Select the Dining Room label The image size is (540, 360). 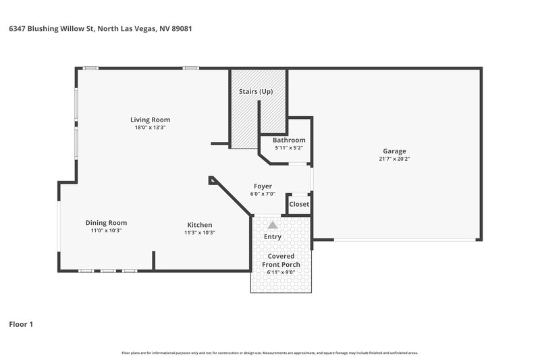[x=106, y=222]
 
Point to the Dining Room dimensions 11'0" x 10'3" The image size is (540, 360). [x=106, y=230]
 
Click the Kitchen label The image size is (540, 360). [x=200, y=225]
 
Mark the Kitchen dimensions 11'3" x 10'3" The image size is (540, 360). [x=200, y=232]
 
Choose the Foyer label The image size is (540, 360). [x=263, y=186]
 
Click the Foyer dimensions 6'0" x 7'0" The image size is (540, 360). [x=263, y=194]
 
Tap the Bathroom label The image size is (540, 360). [x=289, y=140]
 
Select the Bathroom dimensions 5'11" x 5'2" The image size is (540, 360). [x=289, y=147]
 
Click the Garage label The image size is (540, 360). [x=395, y=151]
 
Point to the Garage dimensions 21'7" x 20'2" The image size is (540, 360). [x=395, y=159]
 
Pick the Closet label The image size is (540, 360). [x=299, y=204]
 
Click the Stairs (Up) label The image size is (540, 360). [x=256, y=91]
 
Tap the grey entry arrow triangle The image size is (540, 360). [x=272, y=225]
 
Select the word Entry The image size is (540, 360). [x=273, y=237]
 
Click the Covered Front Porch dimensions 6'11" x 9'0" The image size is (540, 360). [x=281, y=272]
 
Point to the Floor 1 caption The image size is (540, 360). [x=21, y=324]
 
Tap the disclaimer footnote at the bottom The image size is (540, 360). [x=270, y=353]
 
